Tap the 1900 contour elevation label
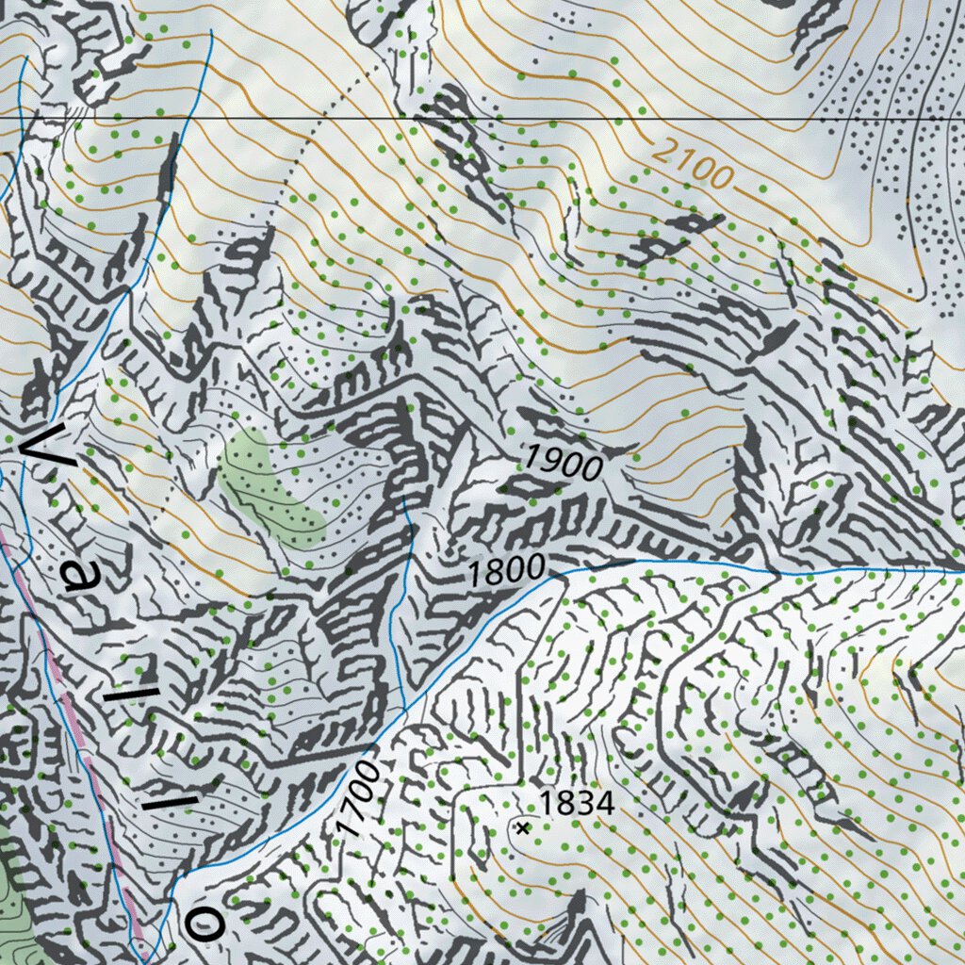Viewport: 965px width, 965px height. coord(563,461)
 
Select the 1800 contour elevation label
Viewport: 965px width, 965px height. coord(507,571)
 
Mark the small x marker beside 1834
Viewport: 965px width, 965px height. coord(521,827)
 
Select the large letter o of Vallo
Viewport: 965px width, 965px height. coord(204,924)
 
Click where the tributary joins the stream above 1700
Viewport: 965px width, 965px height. coord(403,708)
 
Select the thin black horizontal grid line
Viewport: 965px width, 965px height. coord(565,120)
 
